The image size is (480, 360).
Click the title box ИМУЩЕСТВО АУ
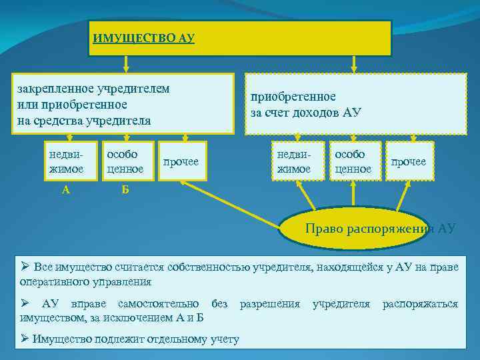point(240,37)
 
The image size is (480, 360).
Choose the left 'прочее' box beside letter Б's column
point(181,162)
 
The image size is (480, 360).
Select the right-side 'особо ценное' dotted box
point(355,161)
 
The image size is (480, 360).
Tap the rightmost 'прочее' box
point(409,162)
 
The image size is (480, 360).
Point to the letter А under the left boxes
point(65,189)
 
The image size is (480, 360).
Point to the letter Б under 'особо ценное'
point(125,189)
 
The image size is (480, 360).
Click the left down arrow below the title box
point(125,63)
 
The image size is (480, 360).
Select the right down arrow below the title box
point(354,63)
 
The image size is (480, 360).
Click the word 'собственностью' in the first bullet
point(209,267)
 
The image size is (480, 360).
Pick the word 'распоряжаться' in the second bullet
point(420,304)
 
